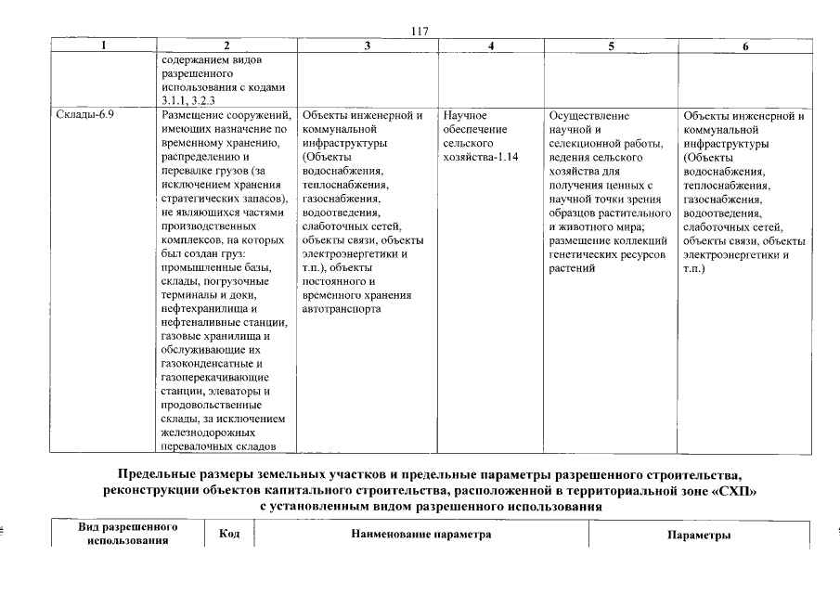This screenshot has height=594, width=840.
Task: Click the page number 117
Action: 419,32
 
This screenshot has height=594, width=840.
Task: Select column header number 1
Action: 104,45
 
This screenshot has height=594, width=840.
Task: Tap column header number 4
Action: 490,45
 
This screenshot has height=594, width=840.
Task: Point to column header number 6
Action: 744,45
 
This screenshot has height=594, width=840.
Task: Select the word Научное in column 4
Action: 466,116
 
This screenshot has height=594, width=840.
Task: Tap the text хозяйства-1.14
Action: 481,158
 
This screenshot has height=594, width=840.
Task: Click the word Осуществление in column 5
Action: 588,116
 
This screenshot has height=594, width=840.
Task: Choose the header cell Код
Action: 229,534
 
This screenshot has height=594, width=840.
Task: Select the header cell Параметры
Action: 699,536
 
